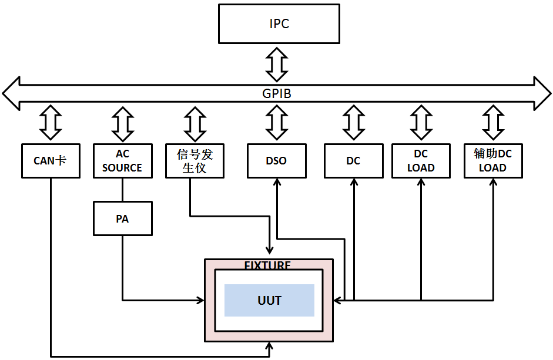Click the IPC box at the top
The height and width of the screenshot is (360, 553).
279,24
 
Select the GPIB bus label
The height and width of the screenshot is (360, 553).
276,93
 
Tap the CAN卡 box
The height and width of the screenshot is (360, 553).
51,160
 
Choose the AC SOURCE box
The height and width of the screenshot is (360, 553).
122,160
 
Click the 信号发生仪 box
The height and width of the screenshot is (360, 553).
195,160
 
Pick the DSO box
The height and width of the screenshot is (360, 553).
276,160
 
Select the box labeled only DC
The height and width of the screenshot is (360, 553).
353,160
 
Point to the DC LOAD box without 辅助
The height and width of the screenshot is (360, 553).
421,160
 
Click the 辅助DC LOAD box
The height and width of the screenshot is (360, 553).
492,160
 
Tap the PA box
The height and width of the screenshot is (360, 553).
122,218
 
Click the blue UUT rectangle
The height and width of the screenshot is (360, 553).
269,300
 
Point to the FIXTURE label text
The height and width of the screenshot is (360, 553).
267,265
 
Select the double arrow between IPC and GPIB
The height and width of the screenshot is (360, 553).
276,64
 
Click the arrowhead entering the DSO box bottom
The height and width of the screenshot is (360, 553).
276,181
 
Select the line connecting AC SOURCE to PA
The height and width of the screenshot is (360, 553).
122,189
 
